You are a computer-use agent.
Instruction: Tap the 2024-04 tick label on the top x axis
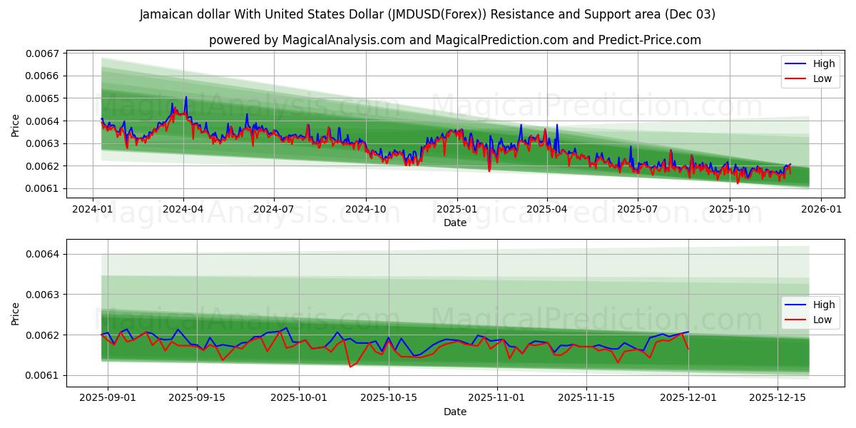point(183,210)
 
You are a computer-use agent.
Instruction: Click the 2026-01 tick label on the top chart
point(820,210)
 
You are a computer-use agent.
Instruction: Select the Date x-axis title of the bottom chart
point(455,412)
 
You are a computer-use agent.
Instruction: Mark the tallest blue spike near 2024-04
point(186,97)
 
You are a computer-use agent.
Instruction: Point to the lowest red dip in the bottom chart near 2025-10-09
point(350,367)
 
